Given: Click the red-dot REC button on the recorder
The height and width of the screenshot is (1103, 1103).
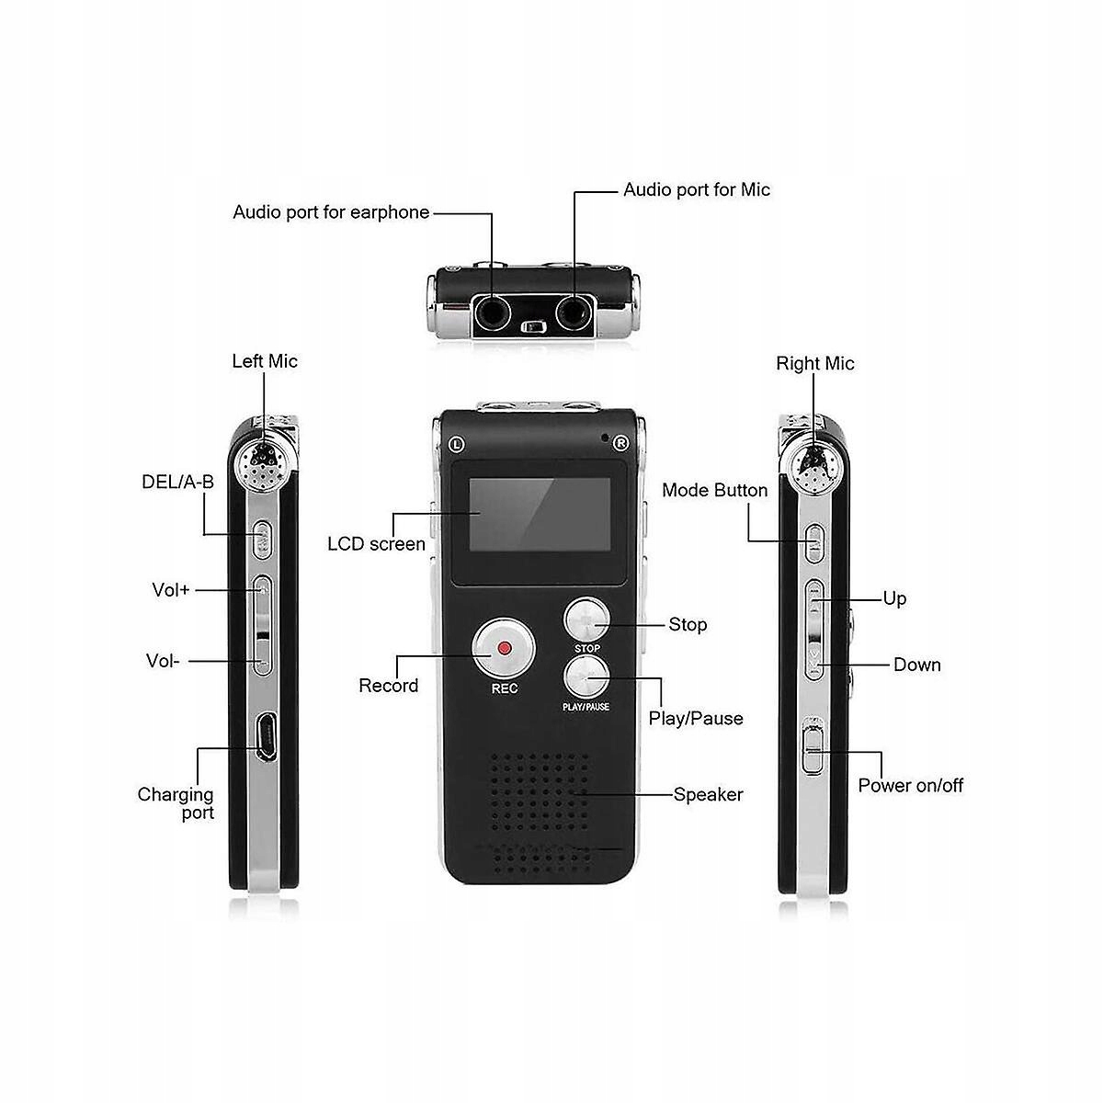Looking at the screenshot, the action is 503,648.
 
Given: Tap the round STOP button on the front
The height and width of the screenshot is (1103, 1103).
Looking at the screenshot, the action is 586,621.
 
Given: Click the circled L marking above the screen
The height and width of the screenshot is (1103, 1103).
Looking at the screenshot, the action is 456,444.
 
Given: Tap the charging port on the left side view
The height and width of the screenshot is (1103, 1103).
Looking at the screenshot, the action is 264,737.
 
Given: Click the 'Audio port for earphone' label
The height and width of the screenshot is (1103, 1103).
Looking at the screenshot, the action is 331,212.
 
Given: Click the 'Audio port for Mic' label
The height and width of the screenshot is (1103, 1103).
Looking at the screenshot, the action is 697,189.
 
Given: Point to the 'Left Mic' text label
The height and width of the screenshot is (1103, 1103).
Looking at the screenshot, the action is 265,361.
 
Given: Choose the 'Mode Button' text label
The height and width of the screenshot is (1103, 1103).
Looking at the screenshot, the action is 714,490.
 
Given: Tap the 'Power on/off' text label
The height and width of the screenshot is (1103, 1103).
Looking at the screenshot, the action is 910,785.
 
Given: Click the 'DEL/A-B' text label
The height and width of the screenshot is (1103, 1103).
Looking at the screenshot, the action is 177,482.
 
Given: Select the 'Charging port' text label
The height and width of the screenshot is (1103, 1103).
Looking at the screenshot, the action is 176,803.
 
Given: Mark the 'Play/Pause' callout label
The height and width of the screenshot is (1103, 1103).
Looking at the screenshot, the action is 696,718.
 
